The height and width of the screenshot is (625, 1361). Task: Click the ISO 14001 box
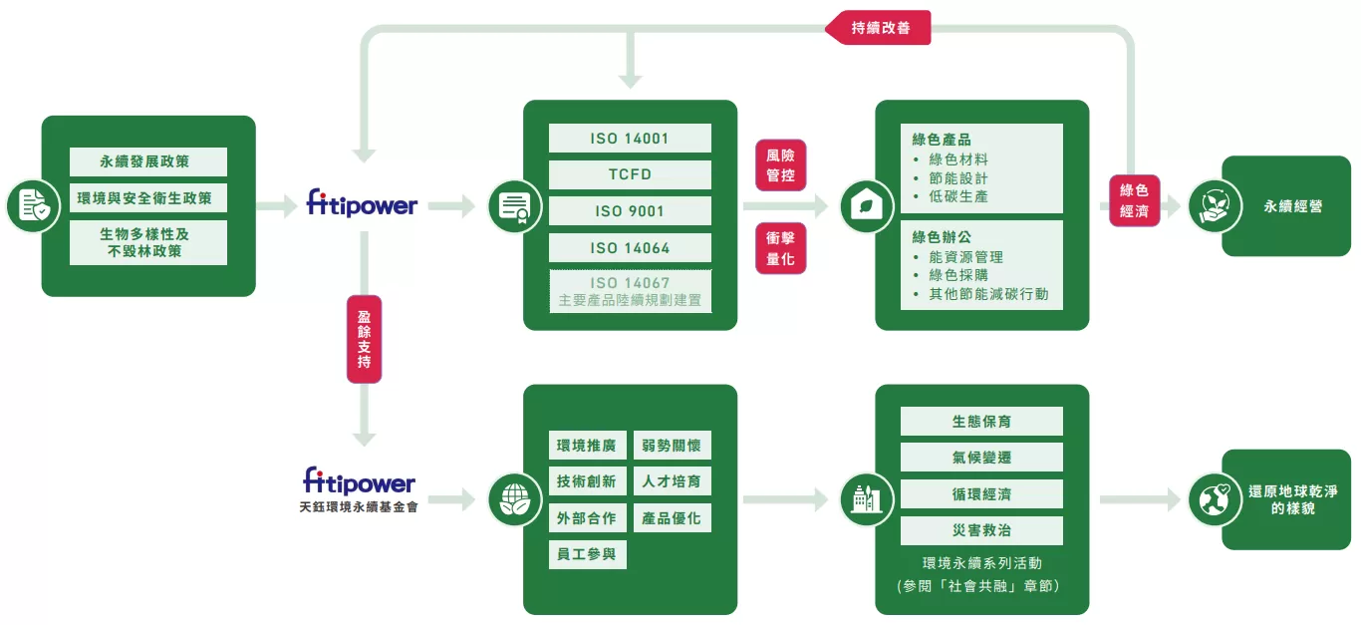click(x=630, y=139)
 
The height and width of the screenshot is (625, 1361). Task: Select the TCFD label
click(x=630, y=174)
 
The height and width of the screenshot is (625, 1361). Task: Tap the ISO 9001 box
click(x=630, y=211)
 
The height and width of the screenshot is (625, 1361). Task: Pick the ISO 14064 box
click(x=630, y=248)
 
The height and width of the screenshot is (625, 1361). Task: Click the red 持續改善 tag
click(x=878, y=28)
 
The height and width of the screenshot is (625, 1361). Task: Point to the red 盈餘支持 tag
click(x=364, y=339)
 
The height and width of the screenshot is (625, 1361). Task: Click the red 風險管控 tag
click(x=780, y=165)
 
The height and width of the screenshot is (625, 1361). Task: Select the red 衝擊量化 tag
click(x=780, y=249)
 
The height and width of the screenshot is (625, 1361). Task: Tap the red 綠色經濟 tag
click(x=1134, y=199)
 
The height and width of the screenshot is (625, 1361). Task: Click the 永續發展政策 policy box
click(x=148, y=161)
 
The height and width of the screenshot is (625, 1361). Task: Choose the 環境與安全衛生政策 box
click(x=148, y=197)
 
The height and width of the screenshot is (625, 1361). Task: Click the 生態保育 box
click(x=981, y=422)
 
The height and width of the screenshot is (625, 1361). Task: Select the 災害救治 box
click(x=981, y=530)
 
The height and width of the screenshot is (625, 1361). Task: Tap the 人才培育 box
click(x=672, y=481)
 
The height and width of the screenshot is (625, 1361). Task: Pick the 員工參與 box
click(x=588, y=554)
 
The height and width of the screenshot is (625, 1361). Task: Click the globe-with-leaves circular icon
click(x=515, y=498)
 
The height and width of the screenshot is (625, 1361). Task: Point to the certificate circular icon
click(x=515, y=206)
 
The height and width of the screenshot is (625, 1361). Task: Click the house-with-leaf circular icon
click(x=867, y=206)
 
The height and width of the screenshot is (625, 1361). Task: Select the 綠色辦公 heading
click(x=943, y=237)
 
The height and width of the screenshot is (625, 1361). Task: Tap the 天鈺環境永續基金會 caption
click(x=359, y=507)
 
